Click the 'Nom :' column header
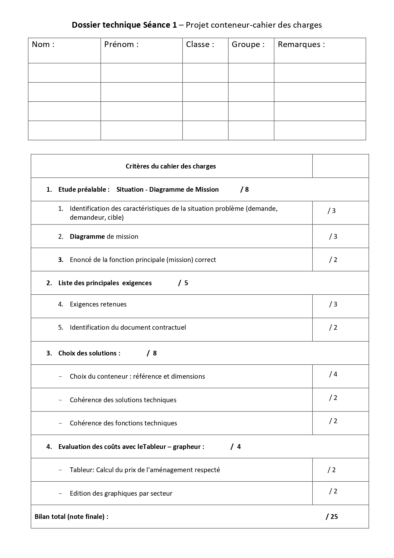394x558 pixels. (x=43, y=45)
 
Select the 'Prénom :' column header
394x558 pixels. (x=121, y=45)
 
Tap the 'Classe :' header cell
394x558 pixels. (x=200, y=45)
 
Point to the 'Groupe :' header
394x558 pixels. (x=248, y=45)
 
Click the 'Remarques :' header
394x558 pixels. (x=301, y=45)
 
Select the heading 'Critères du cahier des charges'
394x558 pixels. (x=171, y=166)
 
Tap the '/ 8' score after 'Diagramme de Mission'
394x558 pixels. (x=244, y=189)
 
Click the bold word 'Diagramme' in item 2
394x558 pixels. (x=87, y=237)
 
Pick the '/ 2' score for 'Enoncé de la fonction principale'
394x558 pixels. (x=333, y=260)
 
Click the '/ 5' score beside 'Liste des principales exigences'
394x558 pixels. (x=183, y=283)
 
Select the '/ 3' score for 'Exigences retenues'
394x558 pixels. (x=333, y=304)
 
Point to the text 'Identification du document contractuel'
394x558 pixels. (x=128, y=327)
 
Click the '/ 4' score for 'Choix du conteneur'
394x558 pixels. (x=333, y=374)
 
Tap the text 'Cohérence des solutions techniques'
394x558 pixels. (x=123, y=400)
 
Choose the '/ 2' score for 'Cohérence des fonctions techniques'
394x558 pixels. (x=333, y=421)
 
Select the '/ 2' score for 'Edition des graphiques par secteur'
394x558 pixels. (x=333, y=491)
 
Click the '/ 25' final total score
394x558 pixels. (x=332, y=517)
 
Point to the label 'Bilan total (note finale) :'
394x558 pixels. (x=71, y=517)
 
